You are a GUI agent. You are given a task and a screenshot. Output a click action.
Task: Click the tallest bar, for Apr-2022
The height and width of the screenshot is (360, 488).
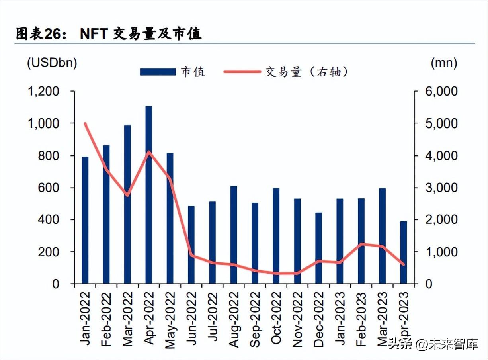coord(149,195)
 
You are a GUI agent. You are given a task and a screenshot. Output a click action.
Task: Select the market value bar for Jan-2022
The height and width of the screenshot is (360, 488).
coord(85,220)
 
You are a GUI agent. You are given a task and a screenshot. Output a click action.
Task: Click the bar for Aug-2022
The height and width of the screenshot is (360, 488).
coord(234,235)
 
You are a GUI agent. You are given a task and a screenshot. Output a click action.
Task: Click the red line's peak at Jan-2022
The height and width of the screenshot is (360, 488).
coord(85,123)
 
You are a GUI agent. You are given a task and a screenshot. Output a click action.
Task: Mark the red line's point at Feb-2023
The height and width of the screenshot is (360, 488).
coord(361,244)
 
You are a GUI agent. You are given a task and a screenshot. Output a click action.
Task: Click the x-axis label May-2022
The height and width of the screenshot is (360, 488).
coord(170,320)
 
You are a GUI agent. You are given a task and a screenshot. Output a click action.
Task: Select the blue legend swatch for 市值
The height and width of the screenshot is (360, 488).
coord(158,72)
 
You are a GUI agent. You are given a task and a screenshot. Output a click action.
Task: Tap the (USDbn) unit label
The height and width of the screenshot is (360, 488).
coord(52,63)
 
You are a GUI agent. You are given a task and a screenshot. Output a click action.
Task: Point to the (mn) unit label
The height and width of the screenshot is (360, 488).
coord(444,63)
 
